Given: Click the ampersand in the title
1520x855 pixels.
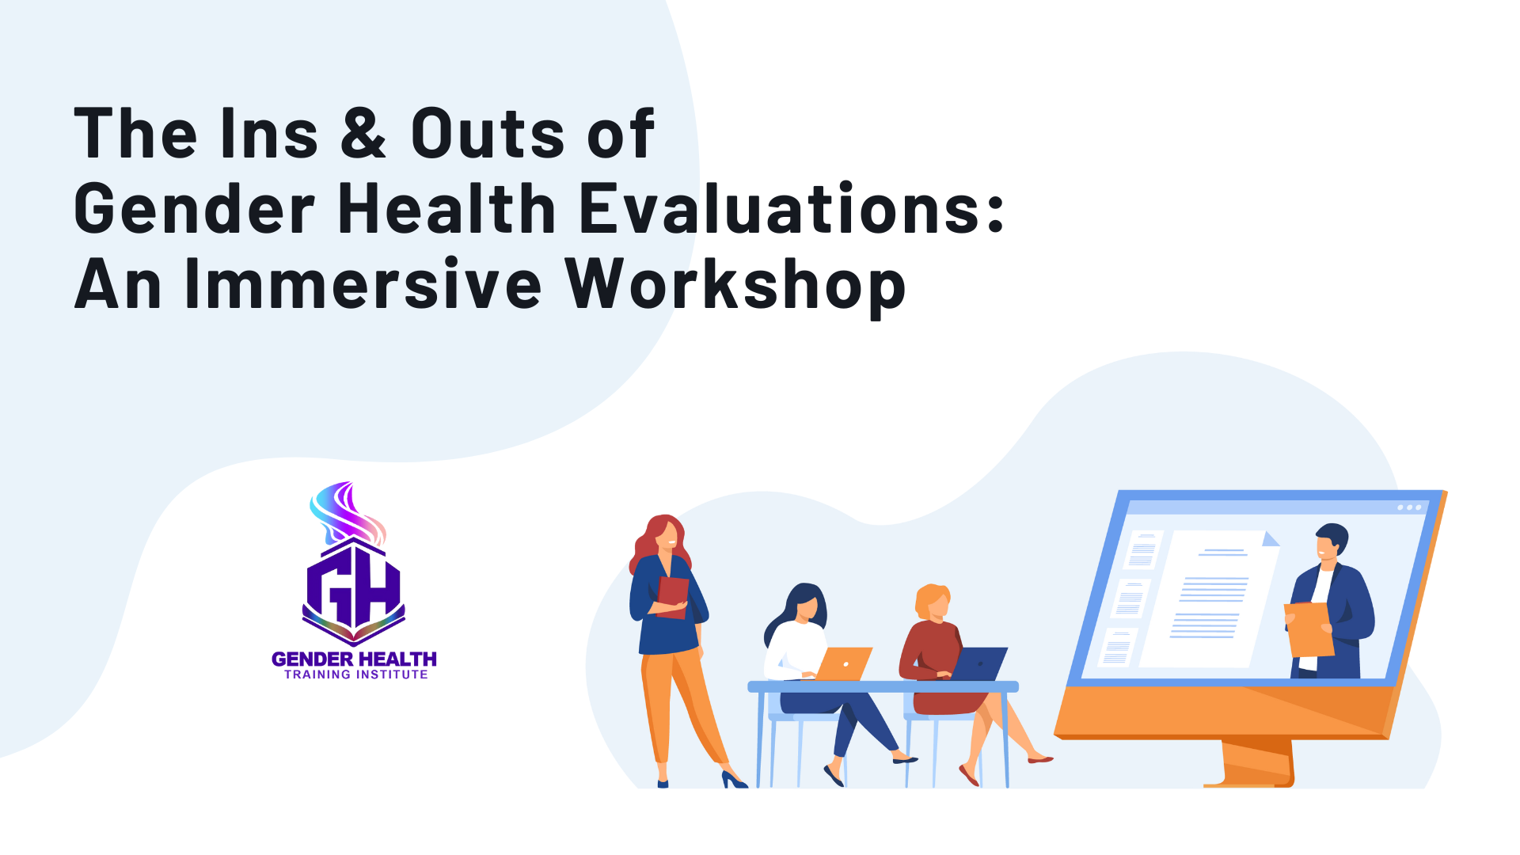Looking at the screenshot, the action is pos(364,131).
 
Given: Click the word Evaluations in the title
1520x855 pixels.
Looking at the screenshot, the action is pos(792,208).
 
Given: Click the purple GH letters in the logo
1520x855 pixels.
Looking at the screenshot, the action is pos(354,590).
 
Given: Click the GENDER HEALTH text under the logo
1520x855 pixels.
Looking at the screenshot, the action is pos(354,659).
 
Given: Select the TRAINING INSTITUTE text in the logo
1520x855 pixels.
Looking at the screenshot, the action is pos(356,674).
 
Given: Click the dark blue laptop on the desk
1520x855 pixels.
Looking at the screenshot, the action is pos(979,663).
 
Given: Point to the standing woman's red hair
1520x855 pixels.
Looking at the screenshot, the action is pos(651,542).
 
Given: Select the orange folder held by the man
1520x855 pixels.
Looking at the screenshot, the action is pos(1309,629).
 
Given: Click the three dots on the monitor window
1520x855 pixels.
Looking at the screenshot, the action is pos(1409,507).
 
